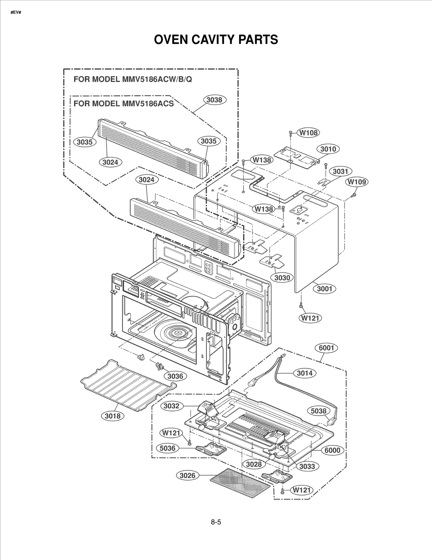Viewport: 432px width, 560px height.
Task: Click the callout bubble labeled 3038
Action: [214, 100]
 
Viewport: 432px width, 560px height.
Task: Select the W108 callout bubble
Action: [308, 133]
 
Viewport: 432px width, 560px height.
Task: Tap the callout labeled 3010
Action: [328, 149]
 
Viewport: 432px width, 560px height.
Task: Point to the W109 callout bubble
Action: [357, 182]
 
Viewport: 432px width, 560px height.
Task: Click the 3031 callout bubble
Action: [340, 171]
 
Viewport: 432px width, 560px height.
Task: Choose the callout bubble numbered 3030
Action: [282, 278]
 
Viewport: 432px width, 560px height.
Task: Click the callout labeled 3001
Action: [324, 289]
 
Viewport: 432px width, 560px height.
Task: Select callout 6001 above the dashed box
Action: [326, 348]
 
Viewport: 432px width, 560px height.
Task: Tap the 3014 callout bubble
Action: [305, 373]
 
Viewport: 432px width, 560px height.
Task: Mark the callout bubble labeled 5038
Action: [319, 411]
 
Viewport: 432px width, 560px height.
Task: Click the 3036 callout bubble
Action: [175, 376]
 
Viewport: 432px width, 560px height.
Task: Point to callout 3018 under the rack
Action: [113, 416]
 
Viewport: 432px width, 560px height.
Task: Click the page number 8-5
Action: [216, 522]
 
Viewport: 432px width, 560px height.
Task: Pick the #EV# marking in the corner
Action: [16, 12]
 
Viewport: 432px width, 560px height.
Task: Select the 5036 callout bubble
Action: [167, 448]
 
